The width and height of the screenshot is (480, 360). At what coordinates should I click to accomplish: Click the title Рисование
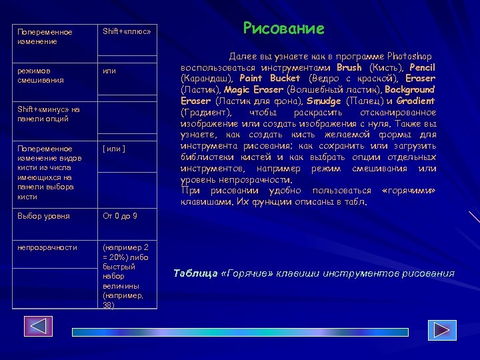click(x=283, y=28)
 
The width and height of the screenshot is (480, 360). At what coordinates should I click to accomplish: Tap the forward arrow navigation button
click(x=441, y=330)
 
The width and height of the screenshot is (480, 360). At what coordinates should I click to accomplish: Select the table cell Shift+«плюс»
click(x=127, y=31)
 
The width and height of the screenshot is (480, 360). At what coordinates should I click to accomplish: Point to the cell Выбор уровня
click(x=39, y=216)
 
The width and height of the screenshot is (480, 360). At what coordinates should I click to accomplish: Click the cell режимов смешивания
click(x=41, y=75)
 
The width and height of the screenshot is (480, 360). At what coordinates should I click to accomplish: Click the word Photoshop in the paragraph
click(x=407, y=57)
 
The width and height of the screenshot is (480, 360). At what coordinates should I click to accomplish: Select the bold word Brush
click(x=349, y=68)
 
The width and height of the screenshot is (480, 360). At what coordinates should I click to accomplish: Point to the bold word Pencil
click(x=422, y=68)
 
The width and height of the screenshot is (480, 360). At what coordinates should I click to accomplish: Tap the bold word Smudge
click(x=323, y=101)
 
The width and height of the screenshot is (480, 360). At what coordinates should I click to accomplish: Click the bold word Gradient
click(x=415, y=101)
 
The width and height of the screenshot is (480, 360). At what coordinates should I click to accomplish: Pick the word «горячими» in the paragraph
click(x=409, y=191)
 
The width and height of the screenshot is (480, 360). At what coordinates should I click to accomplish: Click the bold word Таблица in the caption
click(x=195, y=273)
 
